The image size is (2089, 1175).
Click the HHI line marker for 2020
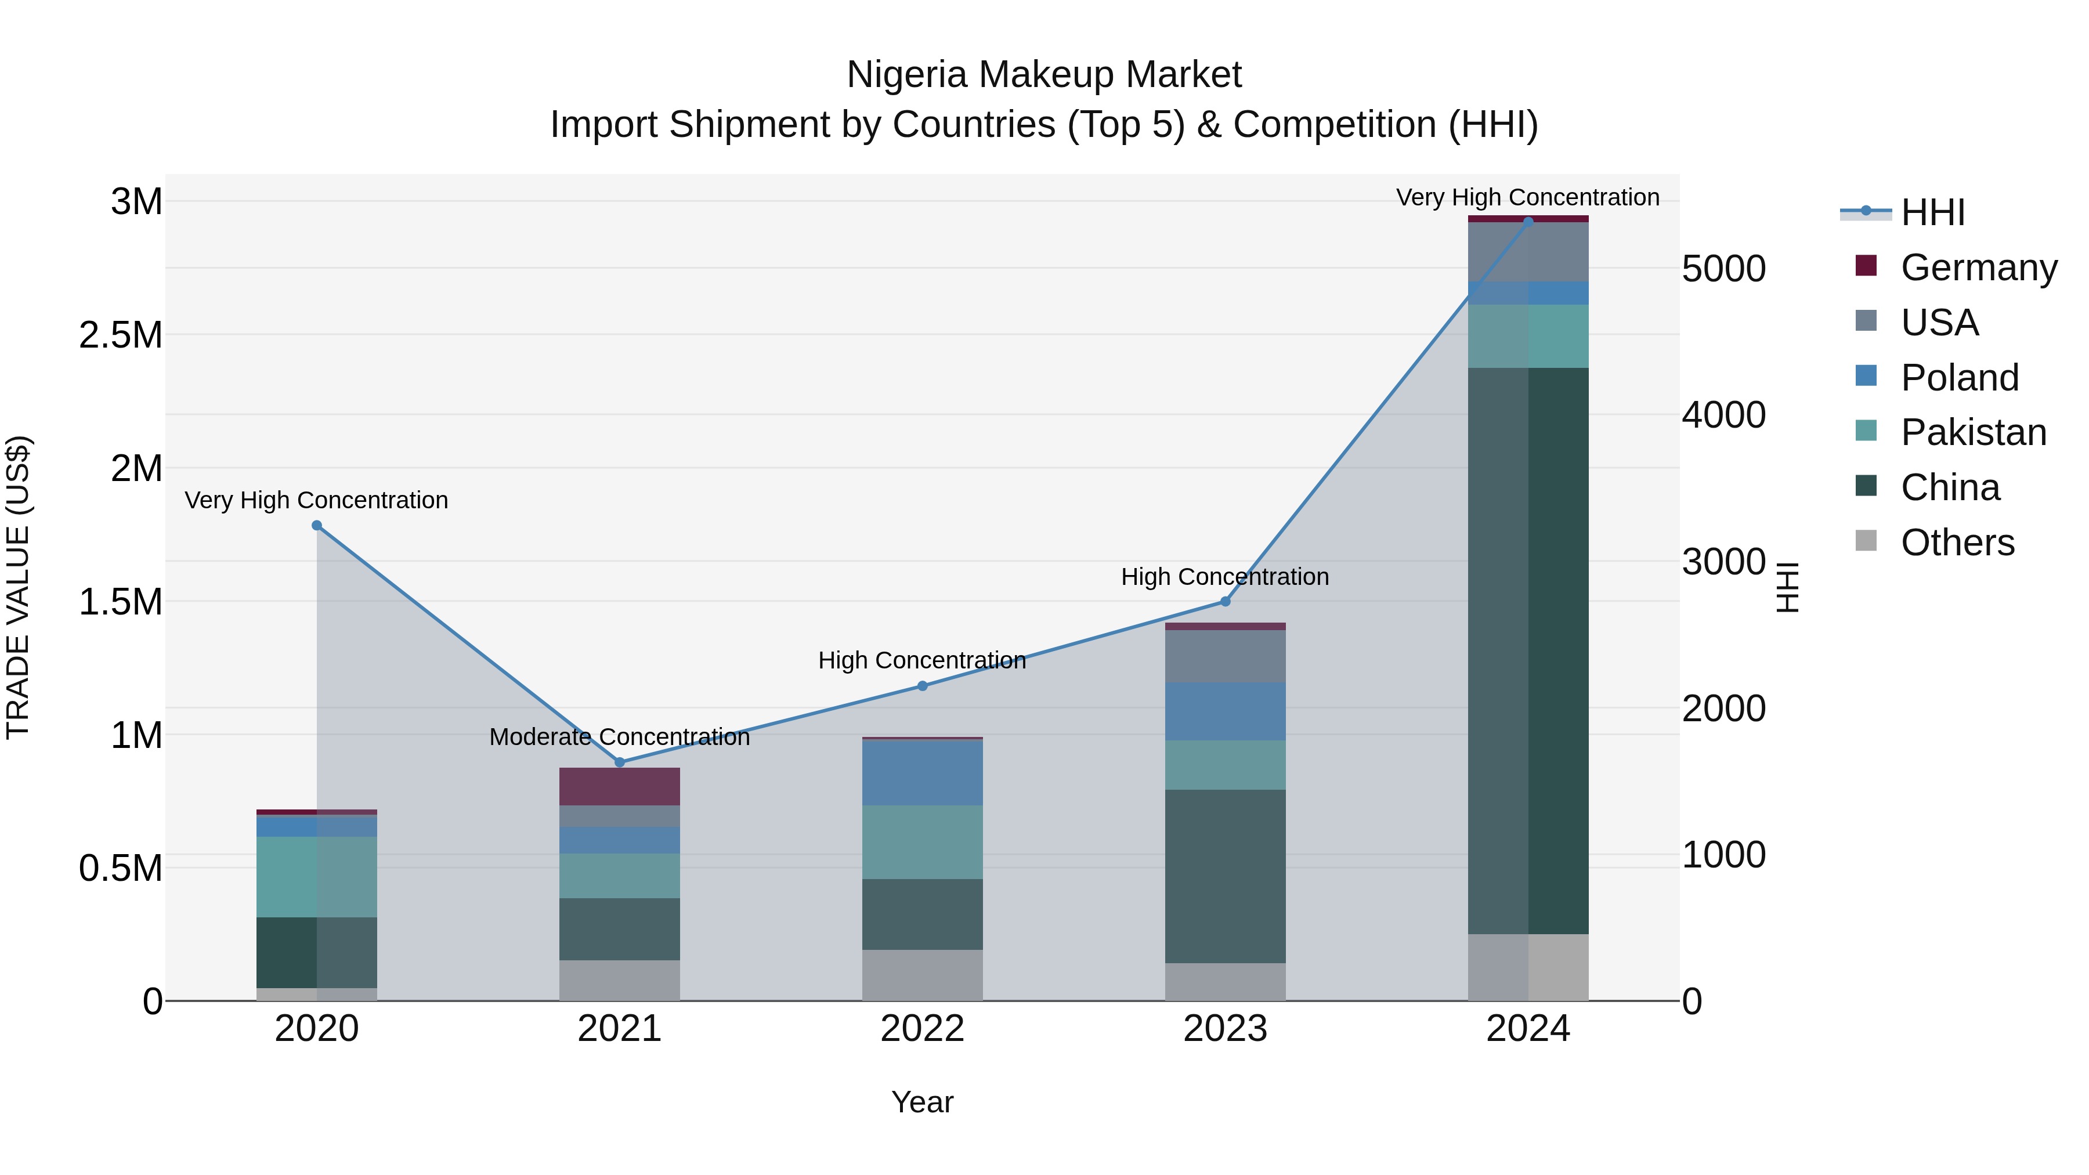pos(317,526)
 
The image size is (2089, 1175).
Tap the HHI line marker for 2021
pos(620,762)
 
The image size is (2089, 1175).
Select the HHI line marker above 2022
pos(922,686)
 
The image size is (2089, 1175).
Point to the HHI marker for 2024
pos(1528,222)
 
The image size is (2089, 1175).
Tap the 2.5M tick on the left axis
pos(121,335)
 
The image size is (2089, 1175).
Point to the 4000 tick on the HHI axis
pos(1723,415)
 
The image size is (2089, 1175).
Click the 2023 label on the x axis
pos(1224,1029)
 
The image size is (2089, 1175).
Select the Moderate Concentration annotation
pos(620,737)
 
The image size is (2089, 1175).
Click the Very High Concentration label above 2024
pos(1527,198)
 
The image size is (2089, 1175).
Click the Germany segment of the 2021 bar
pos(620,786)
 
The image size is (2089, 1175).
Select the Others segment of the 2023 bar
pos(1224,981)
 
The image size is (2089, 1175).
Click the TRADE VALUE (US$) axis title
pos(19,587)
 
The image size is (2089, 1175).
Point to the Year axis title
pos(922,1102)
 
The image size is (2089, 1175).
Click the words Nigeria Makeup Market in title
pos(1044,75)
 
